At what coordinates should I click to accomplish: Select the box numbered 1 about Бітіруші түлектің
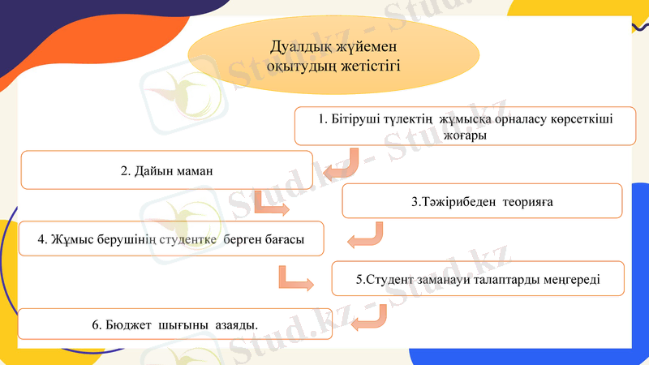coord(465,127)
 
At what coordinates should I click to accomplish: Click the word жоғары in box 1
coord(465,135)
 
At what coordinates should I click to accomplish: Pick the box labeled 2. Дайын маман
coord(166,170)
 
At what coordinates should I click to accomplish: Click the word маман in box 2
coord(193,171)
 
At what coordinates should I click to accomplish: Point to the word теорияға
coord(527,201)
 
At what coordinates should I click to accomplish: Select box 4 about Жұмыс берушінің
coord(171,239)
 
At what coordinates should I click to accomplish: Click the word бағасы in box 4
coord(280,239)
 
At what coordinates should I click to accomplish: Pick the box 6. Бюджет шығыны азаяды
coord(174,324)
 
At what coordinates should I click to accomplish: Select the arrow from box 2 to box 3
coord(270,205)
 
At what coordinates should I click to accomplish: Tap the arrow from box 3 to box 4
coord(367,236)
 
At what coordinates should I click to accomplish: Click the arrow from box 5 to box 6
coord(369,319)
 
